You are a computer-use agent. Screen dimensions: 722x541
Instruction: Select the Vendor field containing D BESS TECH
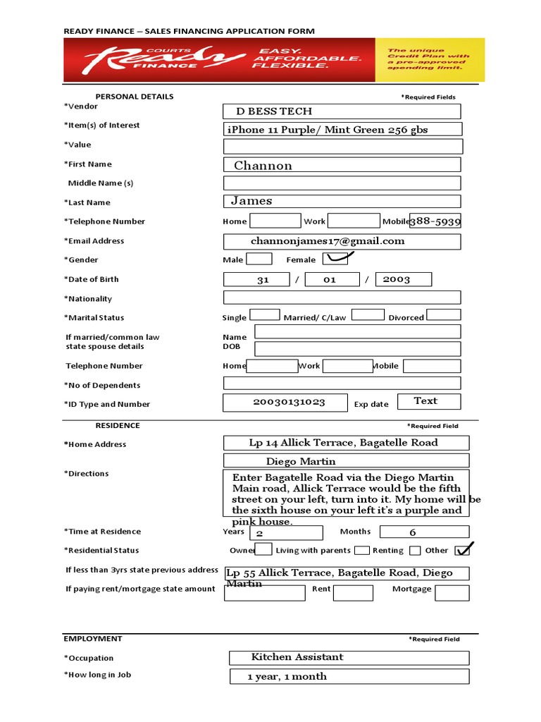[x=342, y=111]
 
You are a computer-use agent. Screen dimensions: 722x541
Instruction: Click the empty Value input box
[x=343, y=146]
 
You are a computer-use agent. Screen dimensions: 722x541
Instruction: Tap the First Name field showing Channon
[x=342, y=165]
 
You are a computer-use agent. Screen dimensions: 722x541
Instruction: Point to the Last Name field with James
[x=342, y=202]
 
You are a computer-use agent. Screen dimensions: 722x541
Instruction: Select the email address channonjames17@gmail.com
[x=342, y=241]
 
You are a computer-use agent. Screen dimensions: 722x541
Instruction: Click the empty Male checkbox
[x=259, y=259]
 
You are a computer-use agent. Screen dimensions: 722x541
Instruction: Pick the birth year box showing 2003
[x=403, y=279]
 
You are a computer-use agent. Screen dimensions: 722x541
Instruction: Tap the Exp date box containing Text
[x=428, y=401]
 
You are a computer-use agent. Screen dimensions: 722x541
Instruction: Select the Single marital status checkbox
[x=265, y=315]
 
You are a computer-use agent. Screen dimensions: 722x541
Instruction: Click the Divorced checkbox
[x=444, y=315]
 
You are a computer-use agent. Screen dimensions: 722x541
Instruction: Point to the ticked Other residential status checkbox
[x=463, y=549]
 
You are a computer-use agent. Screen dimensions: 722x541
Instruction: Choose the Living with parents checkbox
[x=362, y=550]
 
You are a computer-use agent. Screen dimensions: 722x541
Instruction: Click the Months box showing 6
[x=413, y=532]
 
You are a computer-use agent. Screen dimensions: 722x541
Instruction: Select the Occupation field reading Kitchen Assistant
[x=349, y=657]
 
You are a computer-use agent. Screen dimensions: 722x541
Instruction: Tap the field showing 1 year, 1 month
[x=349, y=676]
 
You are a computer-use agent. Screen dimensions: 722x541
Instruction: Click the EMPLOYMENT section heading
[x=92, y=639]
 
